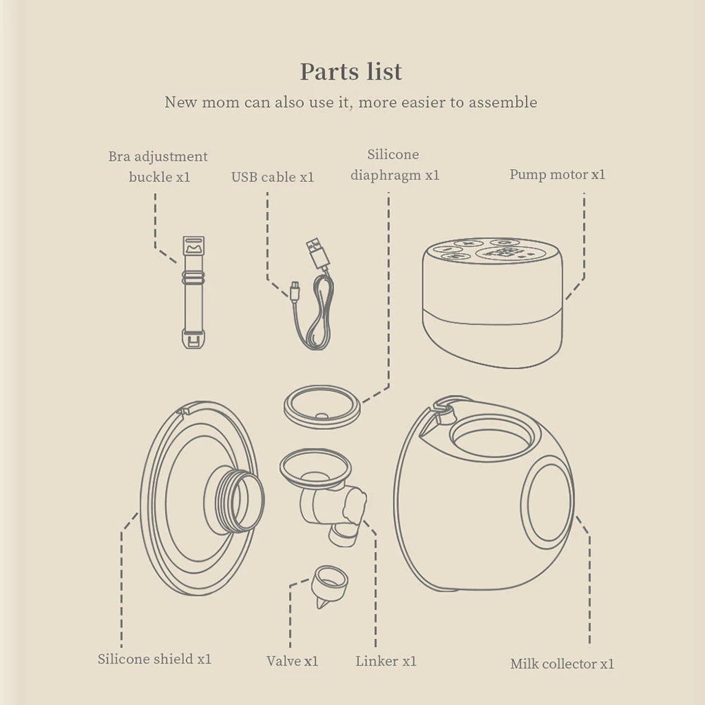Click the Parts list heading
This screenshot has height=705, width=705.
pyautogui.click(x=351, y=71)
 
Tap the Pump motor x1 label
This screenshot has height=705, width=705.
pyautogui.click(x=557, y=173)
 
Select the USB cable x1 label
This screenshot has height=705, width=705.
pyautogui.click(x=273, y=177)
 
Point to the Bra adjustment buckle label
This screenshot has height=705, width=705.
pyautogui.click(x=159, y=166)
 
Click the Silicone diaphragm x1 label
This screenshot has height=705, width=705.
pyautogui.click(x=394, y=164)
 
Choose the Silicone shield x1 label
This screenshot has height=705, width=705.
pyautogui.click(x=154, y=659)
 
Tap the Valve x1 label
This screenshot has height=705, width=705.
pyautogui.click(x=292, y=661)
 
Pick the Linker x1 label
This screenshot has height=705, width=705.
pyautogui.click(x=386, y=661)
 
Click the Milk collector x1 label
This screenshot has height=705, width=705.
pyautogui.click(x=562, y=663)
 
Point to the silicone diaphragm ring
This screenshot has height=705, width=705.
pyautogui.click(x=322, y=406)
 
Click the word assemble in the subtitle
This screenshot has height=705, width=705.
pyautogui.click(x=503, y=102)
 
